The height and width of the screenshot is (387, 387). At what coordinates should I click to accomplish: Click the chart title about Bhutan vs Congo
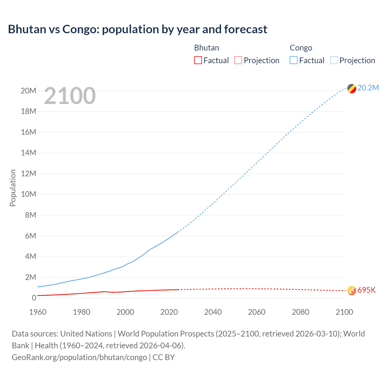[x=138, y=29]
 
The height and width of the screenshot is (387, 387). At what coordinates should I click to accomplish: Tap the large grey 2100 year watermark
[x=70, y=96]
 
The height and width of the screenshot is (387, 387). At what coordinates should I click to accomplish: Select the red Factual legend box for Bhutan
[x=198, y=60]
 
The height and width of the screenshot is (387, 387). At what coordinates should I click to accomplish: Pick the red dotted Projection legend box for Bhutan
[x=238, y=60]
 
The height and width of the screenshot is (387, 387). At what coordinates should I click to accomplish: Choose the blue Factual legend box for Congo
[x=294, y=60]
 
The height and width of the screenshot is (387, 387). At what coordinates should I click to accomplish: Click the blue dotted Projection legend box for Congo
[x=334, y=60]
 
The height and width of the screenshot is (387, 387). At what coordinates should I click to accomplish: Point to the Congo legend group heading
[x=301, y=48]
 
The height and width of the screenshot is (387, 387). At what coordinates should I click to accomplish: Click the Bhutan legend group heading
[x=207, y=48]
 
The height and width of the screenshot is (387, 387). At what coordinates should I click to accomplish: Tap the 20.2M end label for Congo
[x=368, y=88]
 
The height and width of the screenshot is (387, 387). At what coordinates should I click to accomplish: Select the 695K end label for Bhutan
[x=366, y=290]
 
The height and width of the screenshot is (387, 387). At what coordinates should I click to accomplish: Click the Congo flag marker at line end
[x=352, y=89]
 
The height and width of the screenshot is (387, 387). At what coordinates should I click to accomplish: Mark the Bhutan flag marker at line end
[x=352, y=291]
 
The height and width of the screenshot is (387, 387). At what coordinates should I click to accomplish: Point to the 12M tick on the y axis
[x=28, y=174]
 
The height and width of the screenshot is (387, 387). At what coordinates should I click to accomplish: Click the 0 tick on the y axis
[x=34, y=298]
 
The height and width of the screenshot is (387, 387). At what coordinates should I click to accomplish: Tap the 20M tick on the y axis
[x=28, y=91]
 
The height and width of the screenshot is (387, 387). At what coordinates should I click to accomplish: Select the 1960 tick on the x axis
[x=38, y=312]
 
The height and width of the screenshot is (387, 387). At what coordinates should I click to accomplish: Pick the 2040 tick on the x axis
[x=213, y=312]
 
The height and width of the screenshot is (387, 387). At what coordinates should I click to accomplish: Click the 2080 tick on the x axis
[x=301, y=312]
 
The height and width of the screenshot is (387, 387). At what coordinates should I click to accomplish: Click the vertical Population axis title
[x=13, y=188]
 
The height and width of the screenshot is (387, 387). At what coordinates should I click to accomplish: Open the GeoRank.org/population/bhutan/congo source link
[x=79, y=357]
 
